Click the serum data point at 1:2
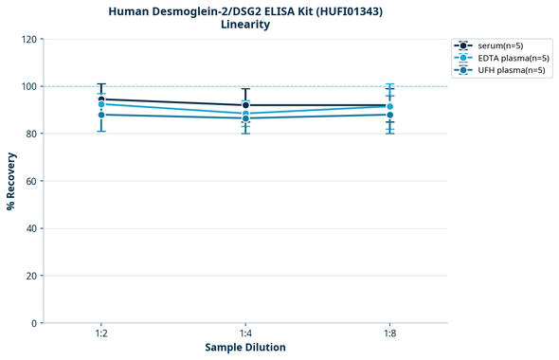pos(101,99)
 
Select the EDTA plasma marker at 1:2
pos(101,104)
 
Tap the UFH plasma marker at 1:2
pos(101,115)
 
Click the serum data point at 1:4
pos(245,105)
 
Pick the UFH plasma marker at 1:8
pos(389,115)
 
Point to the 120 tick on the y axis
pos(28,39)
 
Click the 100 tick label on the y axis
pos(28,86)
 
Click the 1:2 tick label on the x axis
pos(101,334)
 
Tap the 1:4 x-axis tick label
pos(245,334)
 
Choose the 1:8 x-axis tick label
pos(389,334)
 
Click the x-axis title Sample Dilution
pos(245,348)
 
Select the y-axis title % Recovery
pos(11,181)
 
